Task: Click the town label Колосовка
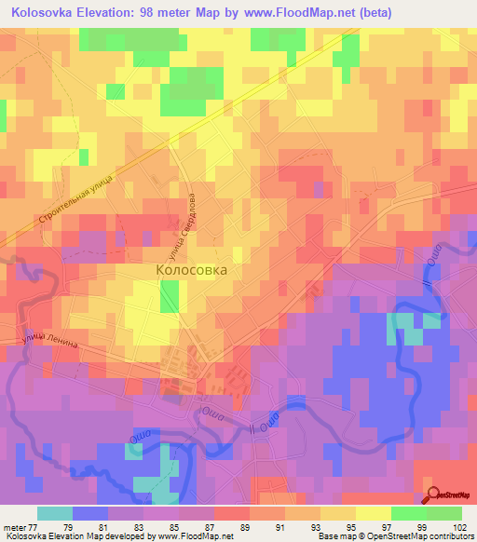190,270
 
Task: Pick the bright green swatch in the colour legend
408,513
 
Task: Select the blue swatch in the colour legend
90,513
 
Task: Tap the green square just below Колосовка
169,298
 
